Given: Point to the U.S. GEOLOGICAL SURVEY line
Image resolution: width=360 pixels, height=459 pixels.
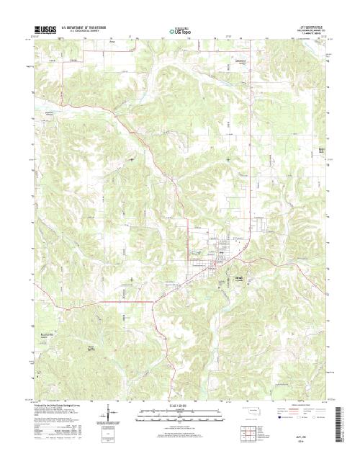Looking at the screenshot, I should (85, 32).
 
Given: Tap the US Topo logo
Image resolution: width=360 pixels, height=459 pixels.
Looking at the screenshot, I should (180, 31).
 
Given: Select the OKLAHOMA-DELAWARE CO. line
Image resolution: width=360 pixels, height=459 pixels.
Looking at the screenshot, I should (310, 30).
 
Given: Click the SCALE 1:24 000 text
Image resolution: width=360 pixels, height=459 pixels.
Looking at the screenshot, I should (179, 404).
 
